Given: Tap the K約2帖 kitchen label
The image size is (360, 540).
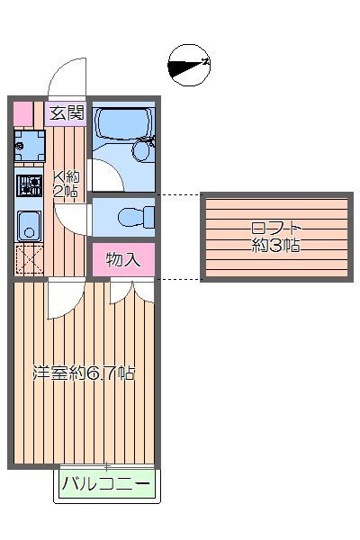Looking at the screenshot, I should [x=65, y=184].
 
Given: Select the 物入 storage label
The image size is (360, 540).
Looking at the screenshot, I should [x=123, y=261].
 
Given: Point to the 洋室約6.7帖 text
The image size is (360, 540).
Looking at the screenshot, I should [x=84, y=372].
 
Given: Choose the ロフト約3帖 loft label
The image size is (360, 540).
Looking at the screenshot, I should [x=275, y=237].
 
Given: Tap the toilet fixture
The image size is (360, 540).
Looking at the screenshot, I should [x=136, y=217].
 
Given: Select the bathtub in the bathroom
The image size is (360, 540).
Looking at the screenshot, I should [x=122, y=125].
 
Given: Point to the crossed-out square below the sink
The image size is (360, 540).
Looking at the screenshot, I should [x=28, y=260].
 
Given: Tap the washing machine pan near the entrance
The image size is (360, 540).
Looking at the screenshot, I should [x=28, y=144].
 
